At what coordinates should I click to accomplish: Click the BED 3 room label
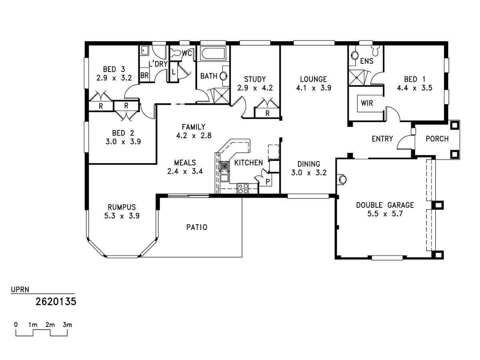pos(114,68)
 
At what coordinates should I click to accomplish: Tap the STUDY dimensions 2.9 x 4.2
pos(255,88)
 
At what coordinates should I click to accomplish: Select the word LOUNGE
pos(314,79)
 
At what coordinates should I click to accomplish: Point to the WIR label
pos(367,103)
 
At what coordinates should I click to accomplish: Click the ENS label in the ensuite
pos(366,61)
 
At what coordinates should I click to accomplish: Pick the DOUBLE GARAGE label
pos(385,205)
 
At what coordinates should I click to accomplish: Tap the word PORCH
pos(437,139)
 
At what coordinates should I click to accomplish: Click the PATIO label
pos(197,227)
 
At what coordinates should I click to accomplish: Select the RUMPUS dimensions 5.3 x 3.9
pos(122,215)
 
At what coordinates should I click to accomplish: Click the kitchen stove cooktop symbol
pos(243,188)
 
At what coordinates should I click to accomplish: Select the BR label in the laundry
pos(144,75)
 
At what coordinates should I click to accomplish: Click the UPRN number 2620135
pos(56,301)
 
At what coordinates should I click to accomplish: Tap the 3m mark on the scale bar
pos(67,324)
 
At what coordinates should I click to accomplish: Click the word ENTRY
pos(382,139)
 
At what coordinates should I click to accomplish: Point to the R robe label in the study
pos(267,114)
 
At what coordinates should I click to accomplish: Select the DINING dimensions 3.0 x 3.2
pos(309,173)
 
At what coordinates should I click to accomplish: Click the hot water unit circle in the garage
pos(342,180)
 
